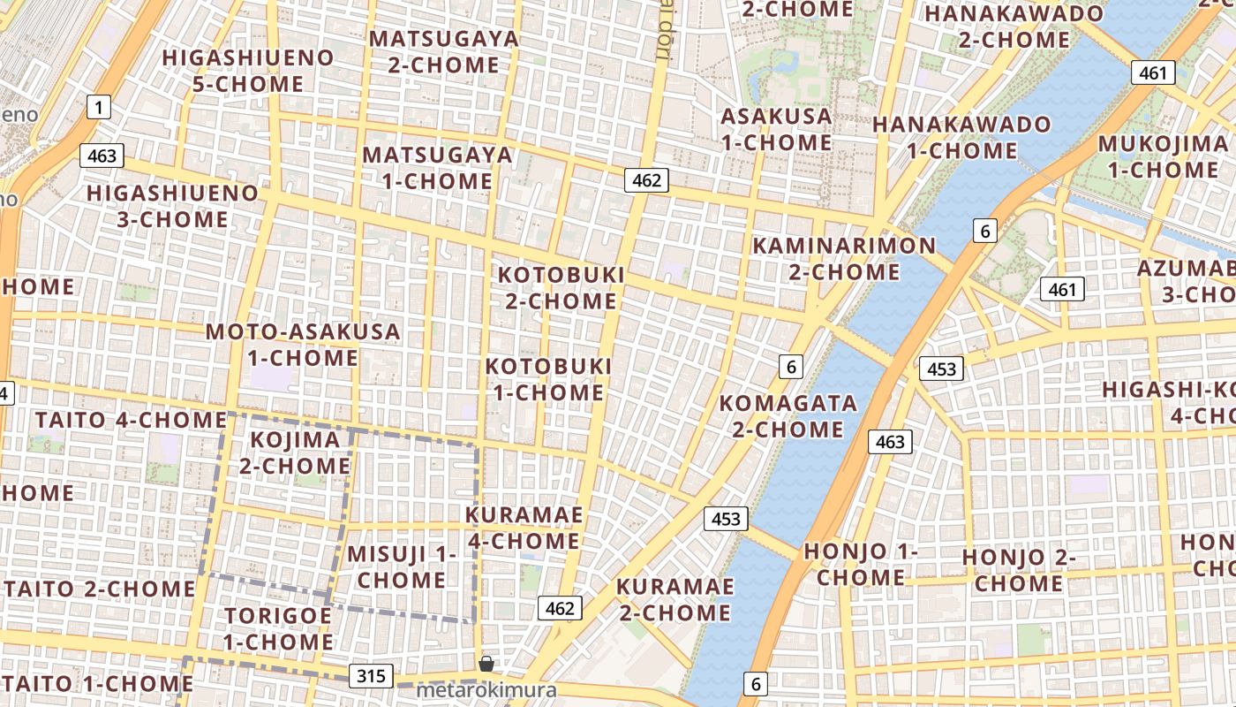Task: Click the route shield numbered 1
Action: coord(99,108)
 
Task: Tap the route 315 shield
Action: coord(372,676)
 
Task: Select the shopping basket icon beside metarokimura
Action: coord(486,664)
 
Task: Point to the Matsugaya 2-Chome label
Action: coord(443,51)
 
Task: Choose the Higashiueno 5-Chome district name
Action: coord(248,71)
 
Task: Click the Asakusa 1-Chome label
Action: coord(776,129)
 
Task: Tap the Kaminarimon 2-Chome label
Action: coord(843,258)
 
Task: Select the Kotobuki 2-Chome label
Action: coord(561,287)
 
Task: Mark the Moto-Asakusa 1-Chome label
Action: coord(303,345)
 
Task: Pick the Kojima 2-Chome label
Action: coord(295,452)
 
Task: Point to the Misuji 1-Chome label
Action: coord(402,566)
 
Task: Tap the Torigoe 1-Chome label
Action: coord(278,627)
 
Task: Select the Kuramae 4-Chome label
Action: coord(524,528)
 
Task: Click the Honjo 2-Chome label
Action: coord(1019,570)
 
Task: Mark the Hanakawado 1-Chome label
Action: coord(961,137)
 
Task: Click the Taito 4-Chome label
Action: coord(132,420)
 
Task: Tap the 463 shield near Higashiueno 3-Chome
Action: coord(102,156)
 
